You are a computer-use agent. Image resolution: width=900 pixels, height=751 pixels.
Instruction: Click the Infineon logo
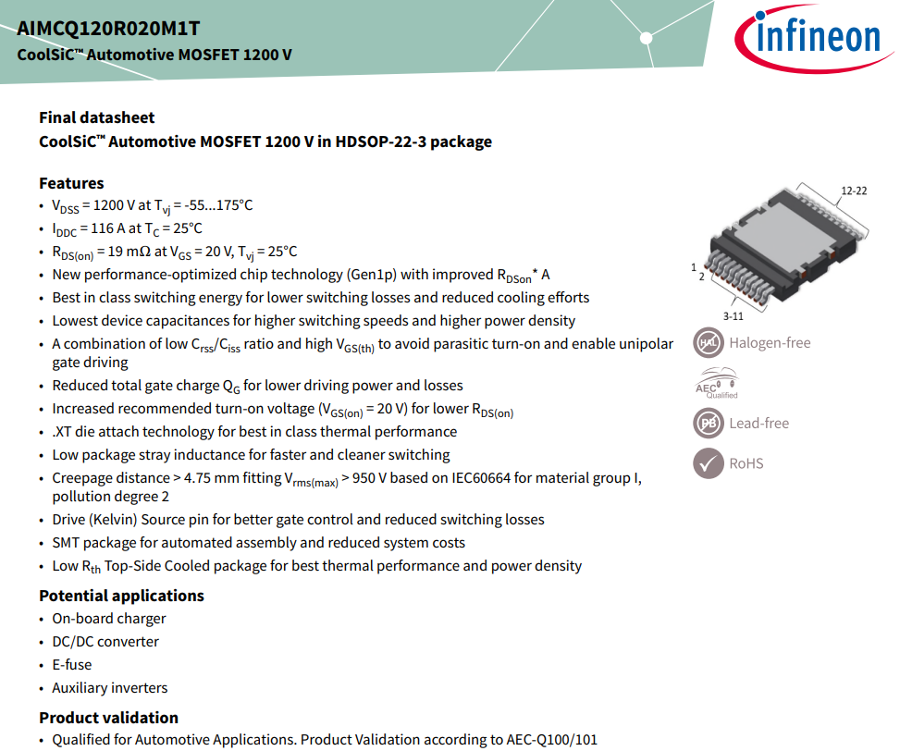pyautogui.click(x=813, y=39)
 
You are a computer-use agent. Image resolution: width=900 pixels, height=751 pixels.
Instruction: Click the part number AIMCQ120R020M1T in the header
pyautogui.click(x=108, y=28)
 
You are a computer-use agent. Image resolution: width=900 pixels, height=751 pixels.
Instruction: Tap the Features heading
pyautogui.click(x=72, y=183)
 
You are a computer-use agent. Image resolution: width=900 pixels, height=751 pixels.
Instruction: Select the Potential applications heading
pyautogui.click(x=122, y=596)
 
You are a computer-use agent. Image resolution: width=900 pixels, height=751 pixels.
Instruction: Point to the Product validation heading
pyautogui.click(x=108, y=718)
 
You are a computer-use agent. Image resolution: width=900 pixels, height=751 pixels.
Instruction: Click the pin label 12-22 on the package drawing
pyautogui.click(x=854, y=191)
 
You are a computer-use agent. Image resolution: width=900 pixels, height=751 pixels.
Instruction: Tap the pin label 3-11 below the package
pyautogui.click(x=733, y=316)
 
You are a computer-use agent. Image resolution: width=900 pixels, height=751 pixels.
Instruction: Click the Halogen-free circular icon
pyautogui.click(x=709, y=342)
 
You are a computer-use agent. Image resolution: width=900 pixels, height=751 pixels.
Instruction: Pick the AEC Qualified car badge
pyautogui.click(x=716, y=383)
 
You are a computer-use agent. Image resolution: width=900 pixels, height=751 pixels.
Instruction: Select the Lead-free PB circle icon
pyautogui.click(x=709, y=424)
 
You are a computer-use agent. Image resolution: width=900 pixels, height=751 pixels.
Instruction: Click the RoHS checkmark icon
pyautogui.click(x=709, y=463)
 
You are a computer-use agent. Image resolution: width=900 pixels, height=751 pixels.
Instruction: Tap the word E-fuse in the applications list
pyautogui.click(x=72, y=664)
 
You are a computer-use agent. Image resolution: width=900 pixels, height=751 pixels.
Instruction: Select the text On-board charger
pyautogui.click(x=109, y=619)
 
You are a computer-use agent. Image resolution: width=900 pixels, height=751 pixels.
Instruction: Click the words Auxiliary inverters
pyautogui.click(x=110, y=687)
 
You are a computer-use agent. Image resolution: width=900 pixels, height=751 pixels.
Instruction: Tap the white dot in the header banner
pyautogui.click(x=647, y=39)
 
